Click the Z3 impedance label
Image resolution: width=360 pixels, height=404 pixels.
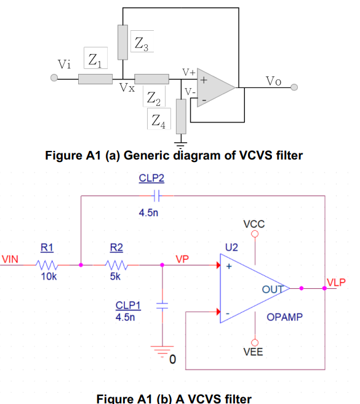click(x=141, y=44)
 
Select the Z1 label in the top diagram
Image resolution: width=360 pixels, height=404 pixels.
click(x=95, y=60)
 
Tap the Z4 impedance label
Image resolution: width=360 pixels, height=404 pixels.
click(x=158, y=120)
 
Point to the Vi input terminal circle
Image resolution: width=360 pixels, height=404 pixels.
click(x=54, y=78)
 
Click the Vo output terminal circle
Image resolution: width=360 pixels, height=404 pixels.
click(x=294, y=87)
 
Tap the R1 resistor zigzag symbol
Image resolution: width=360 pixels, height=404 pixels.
click(x=47, y=265)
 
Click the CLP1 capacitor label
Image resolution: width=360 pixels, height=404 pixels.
click(x=128, y=305)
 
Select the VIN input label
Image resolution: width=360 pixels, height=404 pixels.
click(x=12, y=259)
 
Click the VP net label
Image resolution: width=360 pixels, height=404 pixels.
click(x=182, y=259)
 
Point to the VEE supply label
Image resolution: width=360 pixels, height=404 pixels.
click(x=254, y=353)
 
